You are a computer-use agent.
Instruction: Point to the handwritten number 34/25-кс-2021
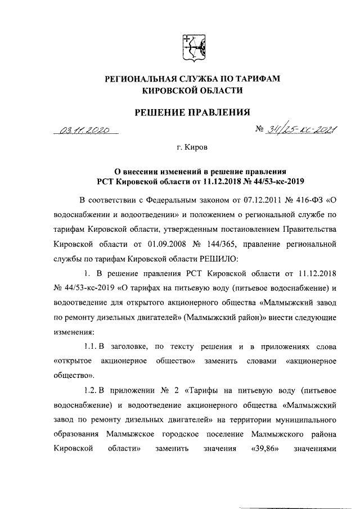coord(298,131)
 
